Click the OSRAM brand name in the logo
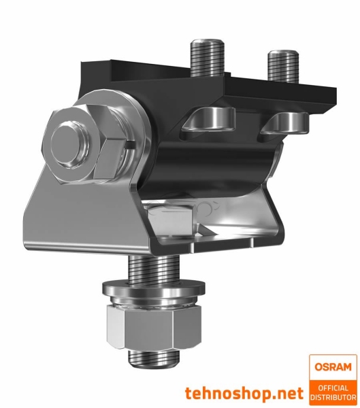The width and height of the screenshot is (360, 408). (x=333, y=367)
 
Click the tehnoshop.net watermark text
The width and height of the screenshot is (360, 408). (x=243, y=393)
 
